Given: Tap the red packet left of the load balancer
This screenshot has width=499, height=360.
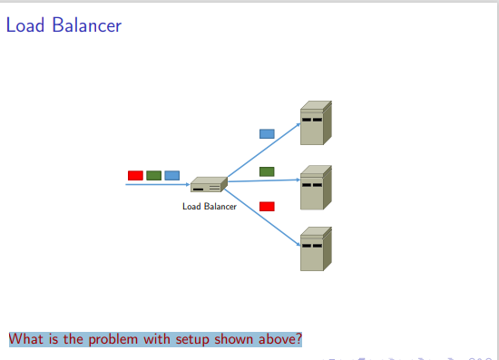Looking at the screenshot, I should click(135, 175).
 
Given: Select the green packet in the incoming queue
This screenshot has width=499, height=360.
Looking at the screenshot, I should click(153, 175).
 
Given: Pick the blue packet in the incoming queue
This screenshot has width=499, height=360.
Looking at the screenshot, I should click(171, 175).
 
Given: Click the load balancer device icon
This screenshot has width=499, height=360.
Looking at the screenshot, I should click(208, 185).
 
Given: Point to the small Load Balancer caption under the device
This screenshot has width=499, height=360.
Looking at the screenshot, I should click(210, 207).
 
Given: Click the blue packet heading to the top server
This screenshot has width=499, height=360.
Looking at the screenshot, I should click(267, 133).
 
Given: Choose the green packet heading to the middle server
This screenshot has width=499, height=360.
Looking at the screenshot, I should click(267, 171).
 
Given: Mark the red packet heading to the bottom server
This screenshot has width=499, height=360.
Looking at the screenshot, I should click(267, 206).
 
